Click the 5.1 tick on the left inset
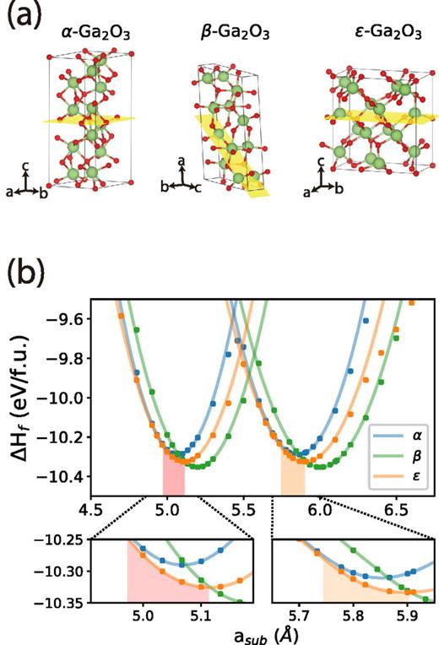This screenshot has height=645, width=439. point(200,615)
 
